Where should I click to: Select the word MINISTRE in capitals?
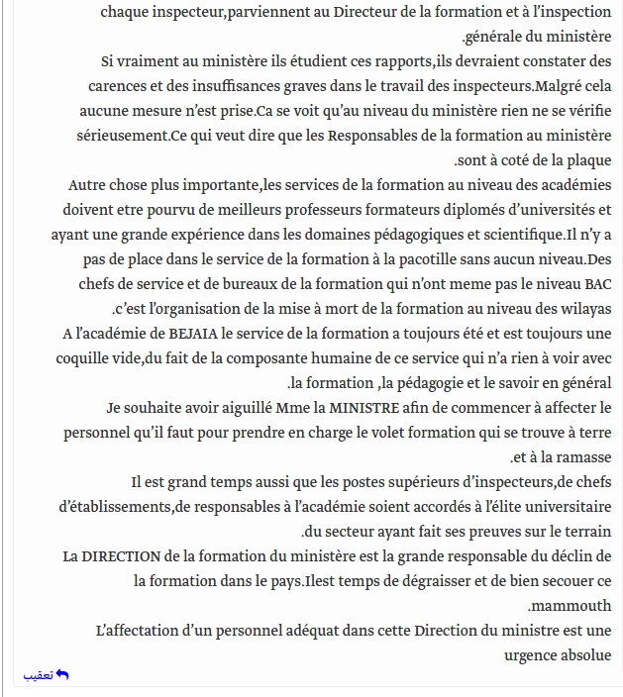click(x=365, y=407)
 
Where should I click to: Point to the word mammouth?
click(x=566, y=605)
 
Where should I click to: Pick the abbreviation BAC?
click(x=597, y=283)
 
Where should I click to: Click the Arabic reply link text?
click(x=39, y=675)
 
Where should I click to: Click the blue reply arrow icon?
click(x=62, y=675)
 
